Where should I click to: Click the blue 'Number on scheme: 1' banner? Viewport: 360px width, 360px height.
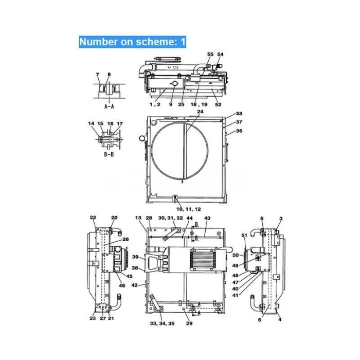point(132,42)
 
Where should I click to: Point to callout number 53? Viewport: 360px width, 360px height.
point(239,114)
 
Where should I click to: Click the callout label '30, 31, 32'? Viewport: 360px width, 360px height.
point(170,218)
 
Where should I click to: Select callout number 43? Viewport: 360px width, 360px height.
point(207,219)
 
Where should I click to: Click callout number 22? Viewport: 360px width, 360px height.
point(93,217)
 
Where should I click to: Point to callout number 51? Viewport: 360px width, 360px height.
point(244,236)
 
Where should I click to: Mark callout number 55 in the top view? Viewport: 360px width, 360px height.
point(210,54)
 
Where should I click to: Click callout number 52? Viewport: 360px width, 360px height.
point(218,104)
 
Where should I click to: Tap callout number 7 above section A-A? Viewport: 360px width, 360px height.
point(97,75)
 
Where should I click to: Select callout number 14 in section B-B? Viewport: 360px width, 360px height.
point(91,123)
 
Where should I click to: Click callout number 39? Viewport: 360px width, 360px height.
point(135,257)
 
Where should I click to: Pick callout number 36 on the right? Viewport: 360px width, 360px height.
point(239,131)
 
